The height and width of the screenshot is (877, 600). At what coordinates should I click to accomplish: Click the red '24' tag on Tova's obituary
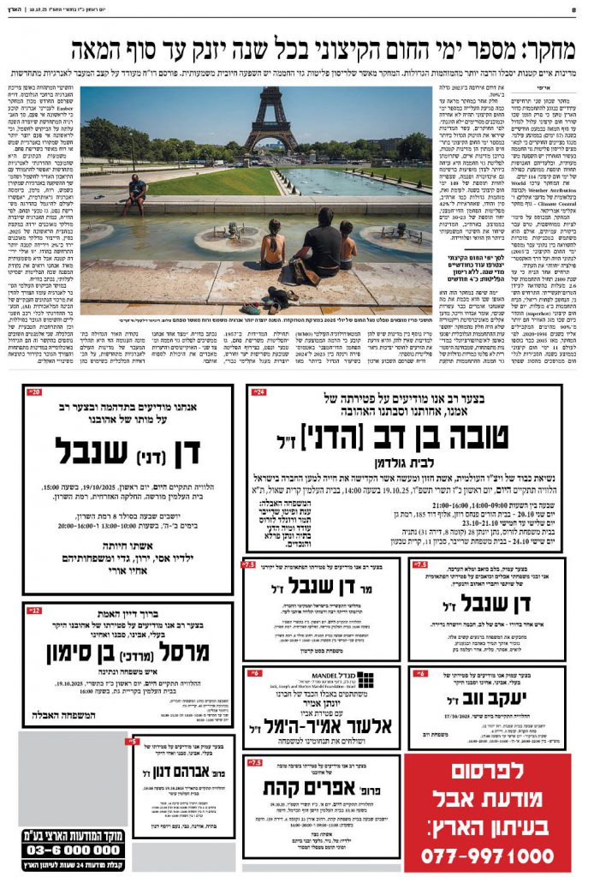point(258,392)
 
